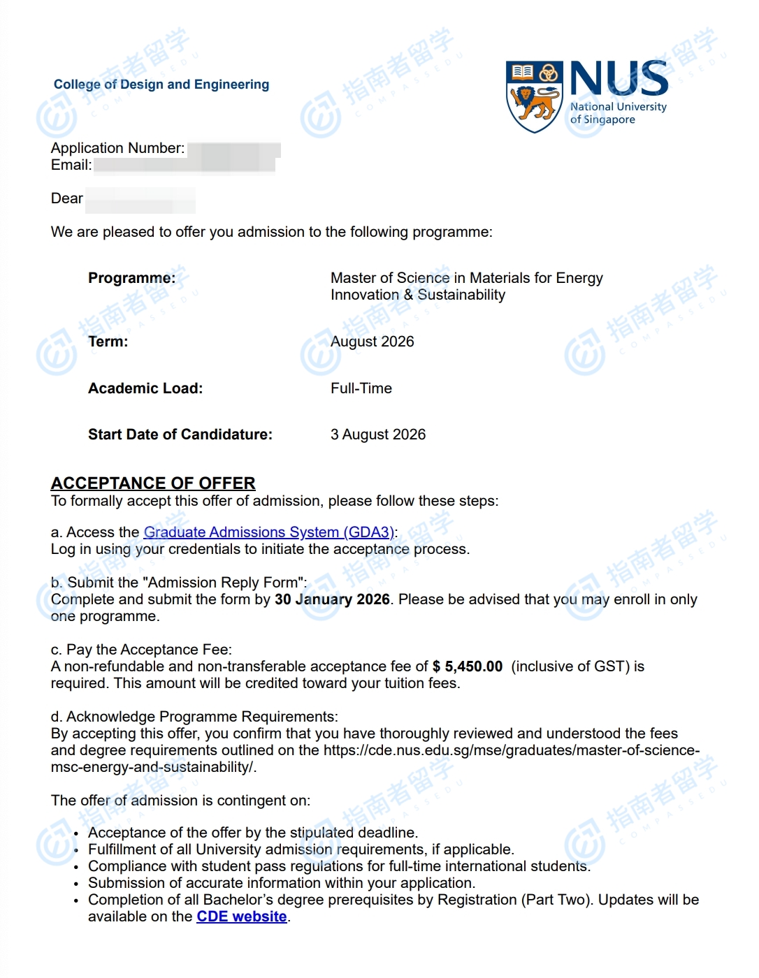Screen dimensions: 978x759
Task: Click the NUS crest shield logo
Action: pos(534,96)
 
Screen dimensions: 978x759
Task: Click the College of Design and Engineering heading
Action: pos(161,85)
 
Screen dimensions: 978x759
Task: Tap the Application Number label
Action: pos(117,148)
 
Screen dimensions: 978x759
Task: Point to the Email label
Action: pos(71,165)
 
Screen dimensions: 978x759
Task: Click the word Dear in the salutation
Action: pos(67,198)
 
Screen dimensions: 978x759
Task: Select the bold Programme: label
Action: pos(131,278)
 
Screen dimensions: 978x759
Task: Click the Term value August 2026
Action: pos(373,342)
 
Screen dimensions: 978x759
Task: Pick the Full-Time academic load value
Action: pos(361,388)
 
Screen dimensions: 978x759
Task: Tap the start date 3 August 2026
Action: pos(378,435)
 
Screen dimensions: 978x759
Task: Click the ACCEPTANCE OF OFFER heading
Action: pos(153,483)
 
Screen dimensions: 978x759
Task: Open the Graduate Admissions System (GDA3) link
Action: pos(269,532)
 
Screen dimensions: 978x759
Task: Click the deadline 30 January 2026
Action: pos(332,599)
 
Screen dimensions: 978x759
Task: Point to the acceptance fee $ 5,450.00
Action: pos(468,666)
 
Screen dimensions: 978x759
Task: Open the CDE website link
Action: pos(242,917)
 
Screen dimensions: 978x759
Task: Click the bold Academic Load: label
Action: pos(145,388)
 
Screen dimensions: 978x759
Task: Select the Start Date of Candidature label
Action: pos(180,435)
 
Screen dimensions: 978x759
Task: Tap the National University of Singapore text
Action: pos(618,113)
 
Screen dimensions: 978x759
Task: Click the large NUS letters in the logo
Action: pos(619,78)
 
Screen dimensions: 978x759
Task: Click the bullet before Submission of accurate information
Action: pos(76,884)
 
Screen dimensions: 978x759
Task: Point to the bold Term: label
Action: pos(108,342)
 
